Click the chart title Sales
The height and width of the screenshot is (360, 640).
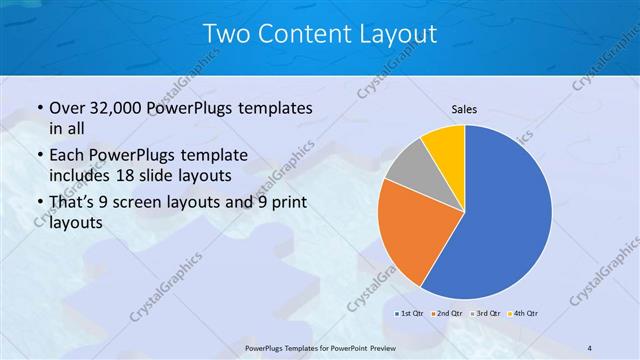pos(464,109)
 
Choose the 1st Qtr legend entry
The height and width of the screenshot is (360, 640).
pos(410,314)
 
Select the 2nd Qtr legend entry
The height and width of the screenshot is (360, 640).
pos(447,314)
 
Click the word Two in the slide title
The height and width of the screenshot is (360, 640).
pos(225,35)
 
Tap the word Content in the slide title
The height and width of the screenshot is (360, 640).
pos(299,35)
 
